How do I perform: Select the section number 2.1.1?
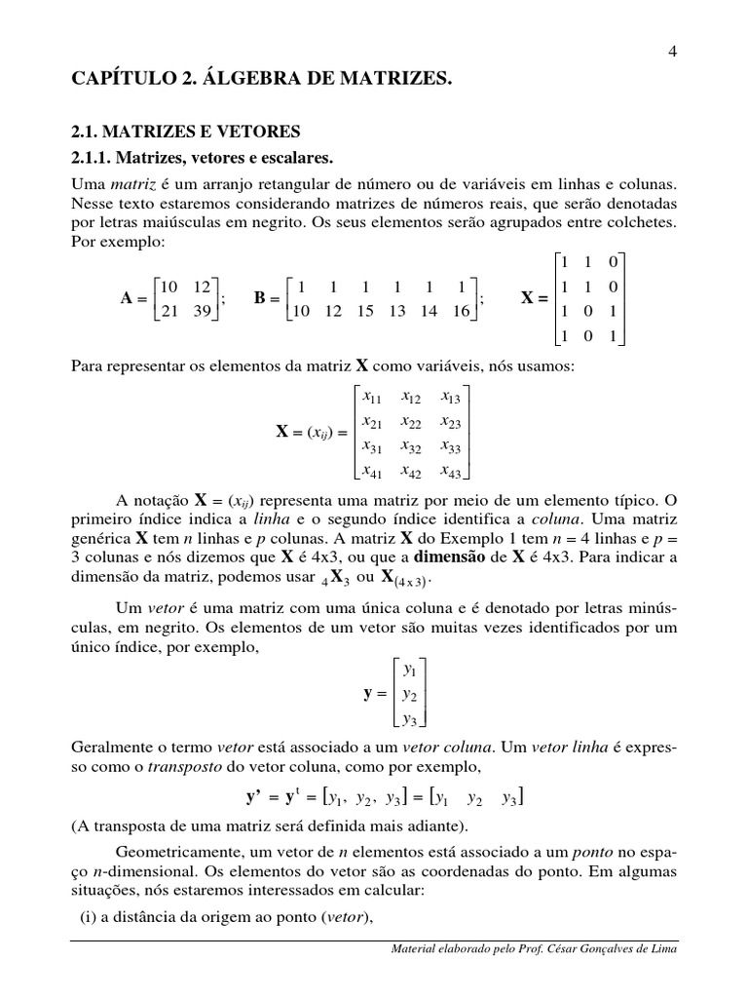coord(98,157)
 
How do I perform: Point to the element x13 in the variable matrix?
coord(450,397)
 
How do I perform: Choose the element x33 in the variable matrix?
coord(450,447)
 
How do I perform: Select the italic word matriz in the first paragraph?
coord(132,183)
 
